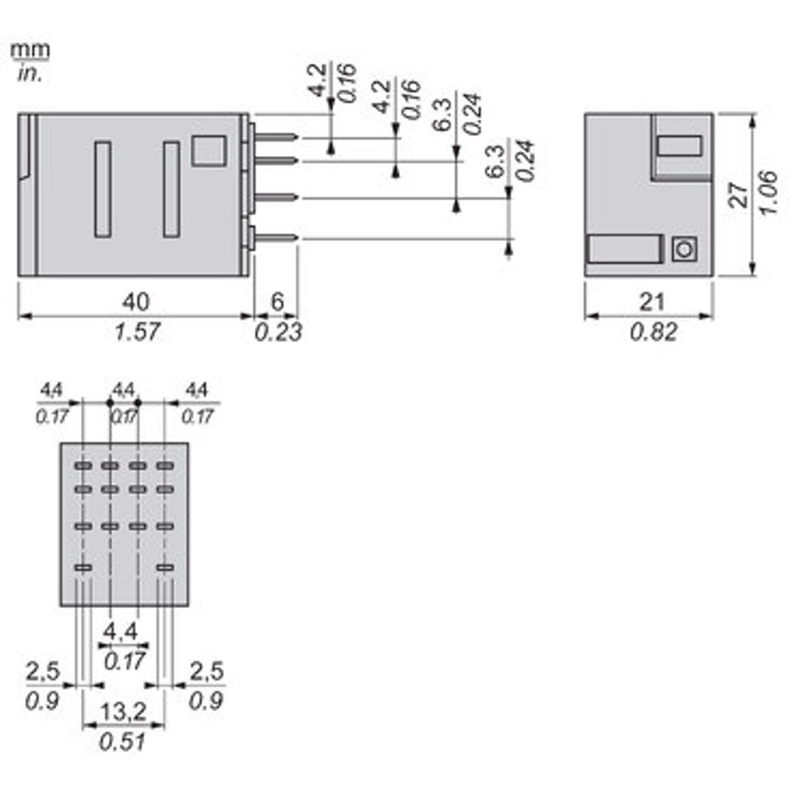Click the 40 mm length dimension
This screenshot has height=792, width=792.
pos(135,302)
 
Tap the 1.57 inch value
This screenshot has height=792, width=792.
pos(136,331)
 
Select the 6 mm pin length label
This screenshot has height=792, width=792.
pos(277,302)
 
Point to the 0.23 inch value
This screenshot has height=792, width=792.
pos(278,331)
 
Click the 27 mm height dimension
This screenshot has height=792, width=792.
pos(740,195)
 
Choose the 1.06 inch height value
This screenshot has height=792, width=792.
pos(770,193)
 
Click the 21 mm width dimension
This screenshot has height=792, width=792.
pos(652,302)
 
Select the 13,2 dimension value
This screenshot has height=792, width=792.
pos(123,712)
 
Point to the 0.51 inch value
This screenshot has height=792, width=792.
pos(123,741)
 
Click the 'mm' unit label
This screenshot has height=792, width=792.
pos(30,50)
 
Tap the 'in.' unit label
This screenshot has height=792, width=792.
pos(30,73)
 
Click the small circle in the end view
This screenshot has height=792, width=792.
pos(684,249)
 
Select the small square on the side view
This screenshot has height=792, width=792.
pos(208,151)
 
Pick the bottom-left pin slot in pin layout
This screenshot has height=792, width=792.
pos(83,568)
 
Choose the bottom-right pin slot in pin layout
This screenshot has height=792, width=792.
pos(165,568)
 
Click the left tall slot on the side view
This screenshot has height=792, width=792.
pos(103,189)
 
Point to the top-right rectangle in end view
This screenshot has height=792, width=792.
pos(679,145)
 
